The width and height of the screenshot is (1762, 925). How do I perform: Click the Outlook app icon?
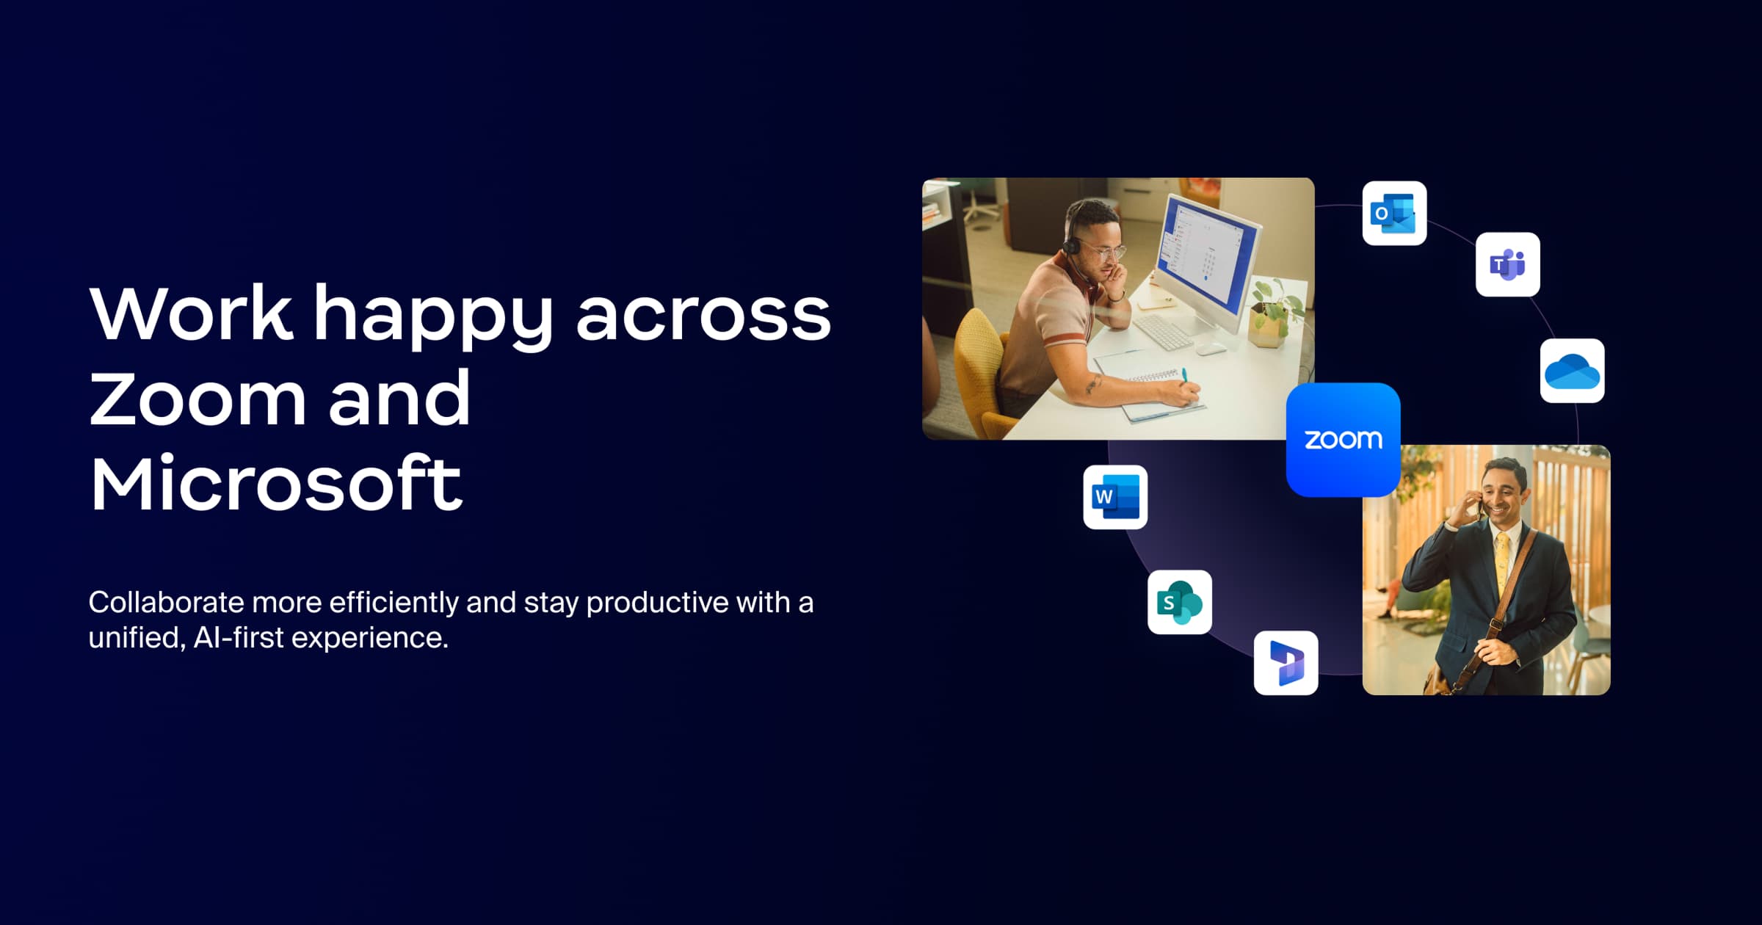(1394, 213)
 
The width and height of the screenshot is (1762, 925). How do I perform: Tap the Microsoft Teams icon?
(1508, 264)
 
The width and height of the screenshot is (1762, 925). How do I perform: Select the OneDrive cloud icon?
(1572, 371)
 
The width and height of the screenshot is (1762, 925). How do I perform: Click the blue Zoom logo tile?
(1344, 440)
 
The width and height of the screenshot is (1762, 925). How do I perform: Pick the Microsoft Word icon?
(1115, 497)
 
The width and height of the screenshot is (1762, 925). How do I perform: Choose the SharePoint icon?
(1180, 602)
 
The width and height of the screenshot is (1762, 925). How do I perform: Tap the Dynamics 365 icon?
(1286, 663)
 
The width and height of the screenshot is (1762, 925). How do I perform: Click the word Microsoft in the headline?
(276, 483)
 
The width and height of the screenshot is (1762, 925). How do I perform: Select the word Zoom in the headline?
(197, 399)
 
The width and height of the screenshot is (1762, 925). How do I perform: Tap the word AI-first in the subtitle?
(239, 637)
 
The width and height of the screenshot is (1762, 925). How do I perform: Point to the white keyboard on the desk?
(1164, 333)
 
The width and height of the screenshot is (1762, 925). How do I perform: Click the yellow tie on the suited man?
(1502, 565)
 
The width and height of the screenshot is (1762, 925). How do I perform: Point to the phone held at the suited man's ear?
(1480, 505)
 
